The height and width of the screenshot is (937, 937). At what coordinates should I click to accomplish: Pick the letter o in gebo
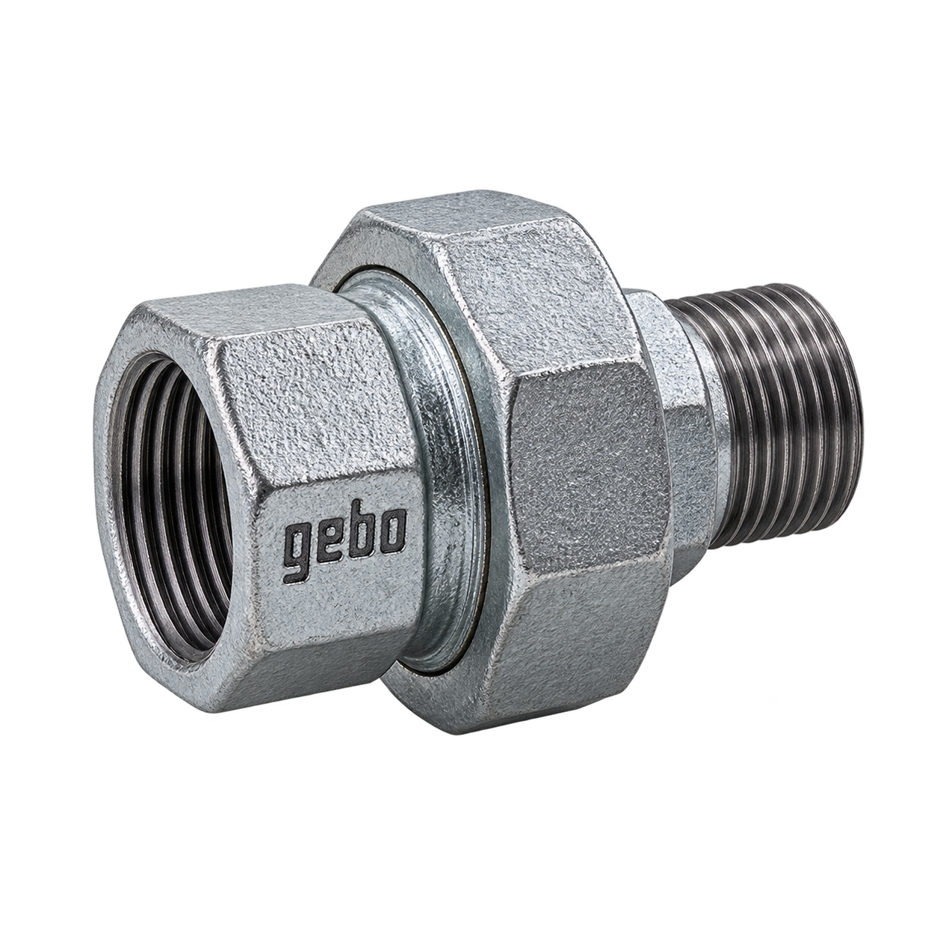(393, 534)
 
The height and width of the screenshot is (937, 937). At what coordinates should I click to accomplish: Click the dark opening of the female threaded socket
(170, 501)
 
